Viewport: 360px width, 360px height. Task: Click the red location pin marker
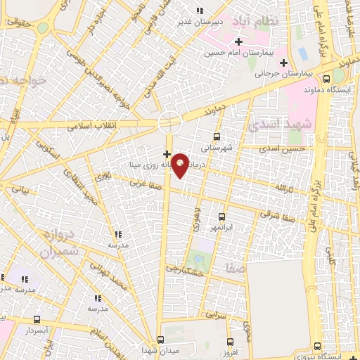pyautogui.click(x=180, y=165)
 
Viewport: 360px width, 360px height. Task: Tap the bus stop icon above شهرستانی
pyautogui.click(x=216, y=136)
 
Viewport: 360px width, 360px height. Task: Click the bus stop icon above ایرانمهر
pyautogui.click(x=221, y=217)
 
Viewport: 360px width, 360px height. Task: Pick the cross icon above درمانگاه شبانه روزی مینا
pyautogui.click(x=167, y=153)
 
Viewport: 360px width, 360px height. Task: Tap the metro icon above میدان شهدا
pyautogui.click(x=160, y=339)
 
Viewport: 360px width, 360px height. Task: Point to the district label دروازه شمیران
pyautogui.click(x=60, y=243)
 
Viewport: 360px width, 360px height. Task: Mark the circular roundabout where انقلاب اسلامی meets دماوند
pyautogui.click(x=169, y=122)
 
